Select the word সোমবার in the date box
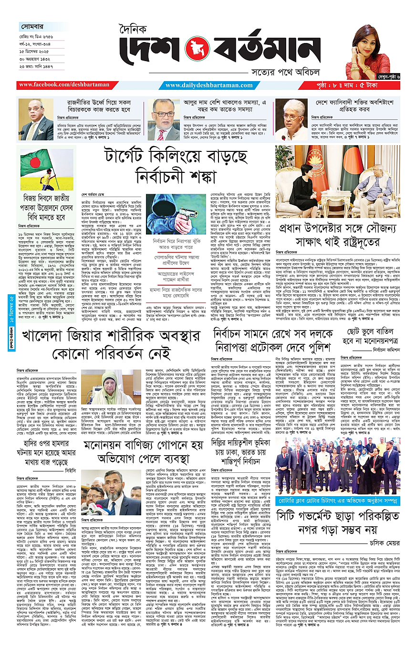[32, 26]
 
